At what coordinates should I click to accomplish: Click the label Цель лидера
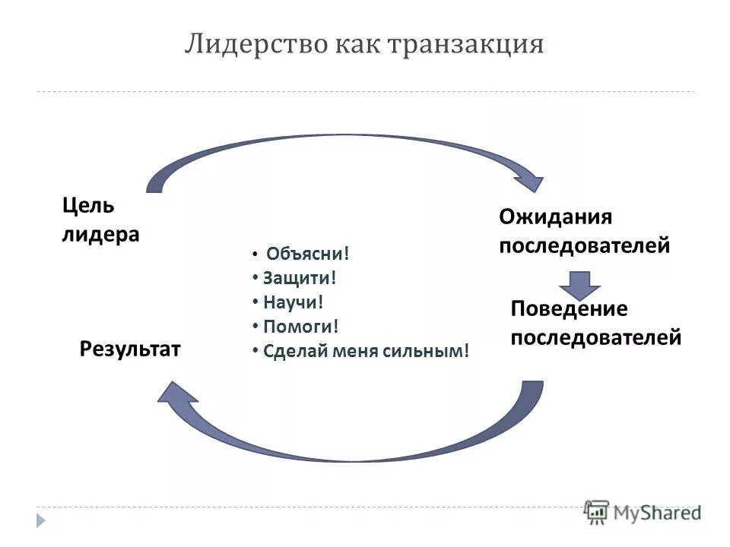(x=100, y=220)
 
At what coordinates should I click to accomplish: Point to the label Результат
(x=130, y=349)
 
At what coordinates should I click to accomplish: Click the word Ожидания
(x=555, y=217)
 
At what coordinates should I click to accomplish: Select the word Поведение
(x=569, y=308)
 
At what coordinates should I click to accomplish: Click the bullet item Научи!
(x=294, y=302)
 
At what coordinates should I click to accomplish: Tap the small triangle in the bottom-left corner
(x=40, y=520)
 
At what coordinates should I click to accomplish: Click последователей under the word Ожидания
(x=584, y=246)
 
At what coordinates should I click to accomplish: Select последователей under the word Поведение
(x=595, y=337)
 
